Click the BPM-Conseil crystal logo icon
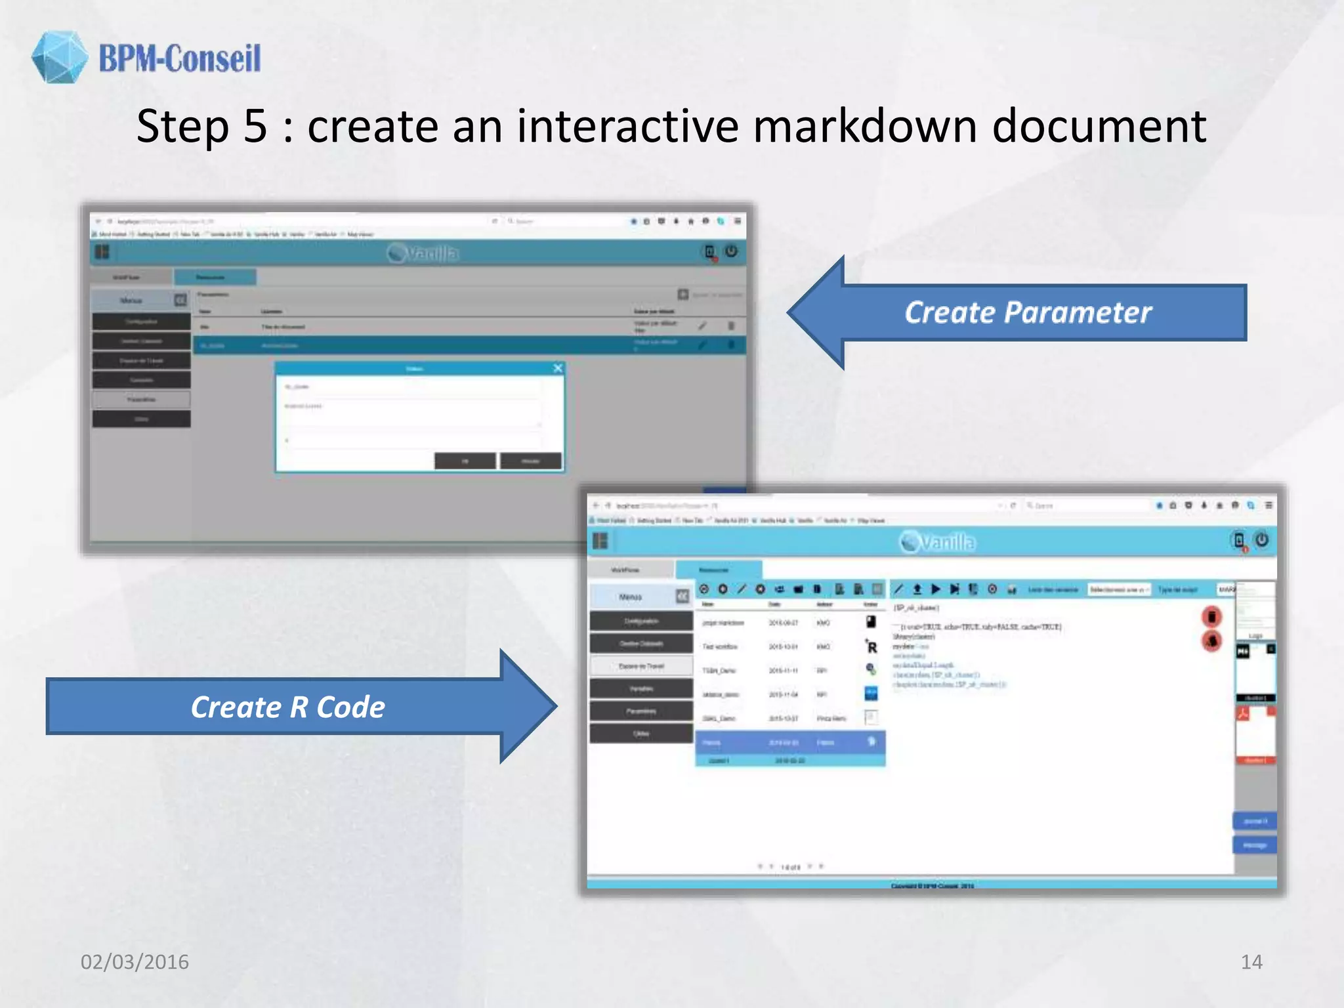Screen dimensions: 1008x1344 pyautogui.click(x=59, y=57)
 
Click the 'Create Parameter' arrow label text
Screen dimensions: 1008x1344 pyautogui.click(x=1028, y=312)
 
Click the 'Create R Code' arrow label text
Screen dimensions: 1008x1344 pyautogui.click(x=287, y=707)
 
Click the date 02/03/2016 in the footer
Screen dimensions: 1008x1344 pyautogui.click(x=135, y=961)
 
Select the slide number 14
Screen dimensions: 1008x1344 pyautogui.click(x=1251, y=961)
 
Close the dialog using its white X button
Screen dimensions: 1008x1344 pyautogui.click(x=558, y=368)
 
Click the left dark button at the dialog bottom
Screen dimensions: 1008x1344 pyautogui.click(x=465, y=461)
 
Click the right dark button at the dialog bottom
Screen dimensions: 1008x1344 pyautogui.click(x=530, y=461)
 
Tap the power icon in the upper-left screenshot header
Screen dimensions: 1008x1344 pyautogui.click(x=731, y=251)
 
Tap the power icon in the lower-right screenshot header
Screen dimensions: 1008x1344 pyautogui.click(x=1261, y=540)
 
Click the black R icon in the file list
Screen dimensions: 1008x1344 pyautogui.click(x=871, y=647)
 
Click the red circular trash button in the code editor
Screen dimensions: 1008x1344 pyautogui.click(x=1211, y=616)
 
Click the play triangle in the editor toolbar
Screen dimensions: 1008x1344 pyautogui.click(x=936, y=589)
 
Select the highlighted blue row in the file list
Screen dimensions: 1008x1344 pyautogui.click(x=789, y=742)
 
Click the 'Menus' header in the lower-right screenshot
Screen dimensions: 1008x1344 pyautogui.click(x=630, y=597)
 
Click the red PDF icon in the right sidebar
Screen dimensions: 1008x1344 pyautogui.click(x=1243, y=714)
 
